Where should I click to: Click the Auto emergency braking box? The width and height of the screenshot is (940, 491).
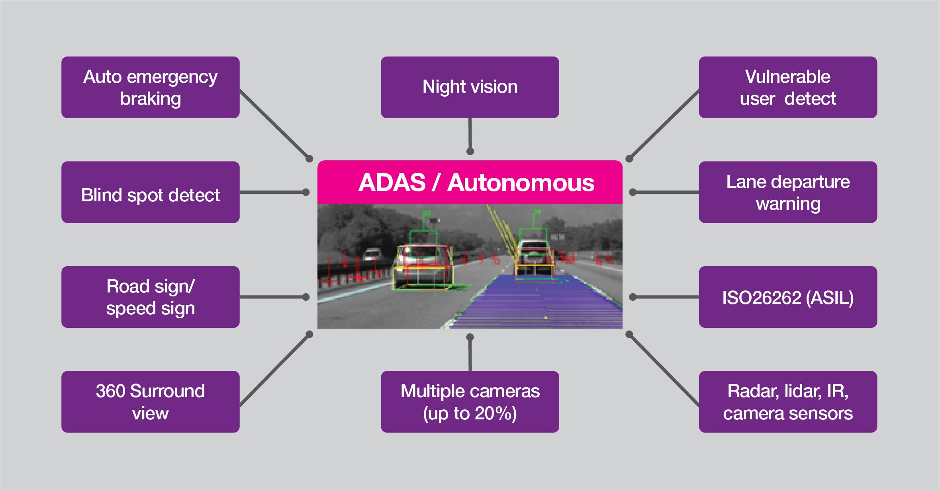[x=150, y=87]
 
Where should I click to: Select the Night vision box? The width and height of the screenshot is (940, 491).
[x=470, y=87]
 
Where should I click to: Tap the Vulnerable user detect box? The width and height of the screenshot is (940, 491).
[x=787, y=87]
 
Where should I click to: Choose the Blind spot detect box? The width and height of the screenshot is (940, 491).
[x=150, y=192]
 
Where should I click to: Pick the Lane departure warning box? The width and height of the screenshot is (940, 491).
[x=787, y=192]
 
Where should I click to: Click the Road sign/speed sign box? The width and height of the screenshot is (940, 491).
[x=150, y=297]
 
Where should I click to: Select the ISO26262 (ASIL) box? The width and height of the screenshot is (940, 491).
[x=787, y=297]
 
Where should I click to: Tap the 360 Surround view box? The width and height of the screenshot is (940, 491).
[x=150, y=401]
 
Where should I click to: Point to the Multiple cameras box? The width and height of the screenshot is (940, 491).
[x=470, y=401]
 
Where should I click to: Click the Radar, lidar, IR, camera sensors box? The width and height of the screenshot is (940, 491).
[x=787, y=401]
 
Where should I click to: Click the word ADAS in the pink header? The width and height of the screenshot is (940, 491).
[x=392, y=183]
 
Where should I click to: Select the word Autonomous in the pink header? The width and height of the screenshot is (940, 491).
[x=521, y=183]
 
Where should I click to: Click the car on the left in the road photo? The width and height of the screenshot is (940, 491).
[x=423, y=267]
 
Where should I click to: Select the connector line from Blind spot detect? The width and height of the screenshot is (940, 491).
[x=273, y=192]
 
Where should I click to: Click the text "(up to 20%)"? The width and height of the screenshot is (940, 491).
[x=470, y=413]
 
